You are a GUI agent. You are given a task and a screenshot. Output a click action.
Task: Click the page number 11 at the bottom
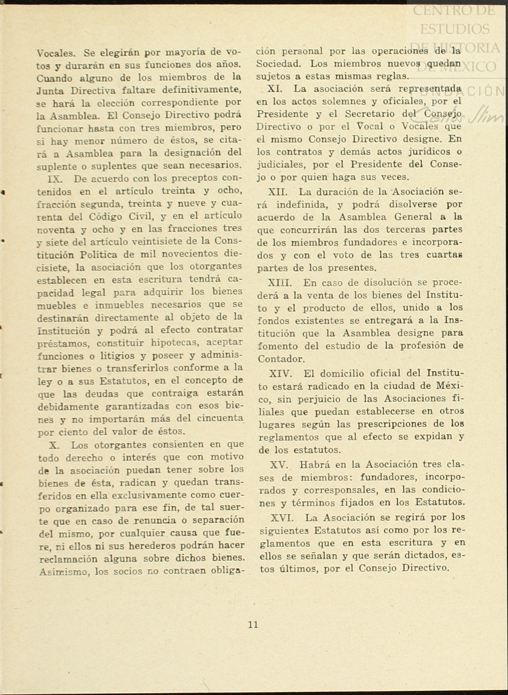pos(253,625)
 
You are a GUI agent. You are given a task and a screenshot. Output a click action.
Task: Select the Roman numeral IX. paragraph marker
pos(56,179)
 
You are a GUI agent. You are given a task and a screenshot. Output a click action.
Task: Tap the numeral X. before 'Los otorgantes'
pos(54,445)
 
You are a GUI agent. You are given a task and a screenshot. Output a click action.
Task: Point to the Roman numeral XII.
pos(278,192)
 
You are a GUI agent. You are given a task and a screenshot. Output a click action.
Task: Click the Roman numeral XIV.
pos(281,374)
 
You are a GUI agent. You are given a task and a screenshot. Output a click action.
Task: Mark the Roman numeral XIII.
pos(280,283)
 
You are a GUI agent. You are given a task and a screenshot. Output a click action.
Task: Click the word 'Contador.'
pos(281,359)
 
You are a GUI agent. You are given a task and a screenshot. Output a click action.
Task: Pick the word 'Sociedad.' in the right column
pos(277,63)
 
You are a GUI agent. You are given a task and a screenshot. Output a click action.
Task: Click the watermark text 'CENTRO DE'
pos(454,10)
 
